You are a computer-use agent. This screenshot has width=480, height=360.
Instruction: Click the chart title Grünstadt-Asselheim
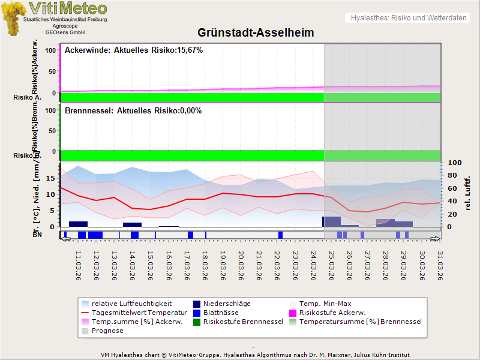(x=256, y=32)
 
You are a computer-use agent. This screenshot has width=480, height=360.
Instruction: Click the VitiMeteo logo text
(x=68, y=8)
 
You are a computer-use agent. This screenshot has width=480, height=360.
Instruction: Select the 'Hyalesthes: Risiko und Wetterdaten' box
(x=408, y=17)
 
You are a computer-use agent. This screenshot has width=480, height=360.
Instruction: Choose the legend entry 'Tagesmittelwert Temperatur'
(x=139, y=313)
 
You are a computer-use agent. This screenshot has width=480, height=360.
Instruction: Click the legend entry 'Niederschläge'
(x=227, y=304)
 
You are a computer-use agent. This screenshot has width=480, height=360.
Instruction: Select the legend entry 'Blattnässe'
(x=221, y=313)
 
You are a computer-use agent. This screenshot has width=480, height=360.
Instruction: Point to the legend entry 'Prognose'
(x=107, y=331)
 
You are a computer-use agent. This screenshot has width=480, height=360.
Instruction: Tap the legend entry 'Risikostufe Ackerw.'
(x=332, y=313)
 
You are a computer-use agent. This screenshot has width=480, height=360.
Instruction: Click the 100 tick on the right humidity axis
(x=454, y=163)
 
